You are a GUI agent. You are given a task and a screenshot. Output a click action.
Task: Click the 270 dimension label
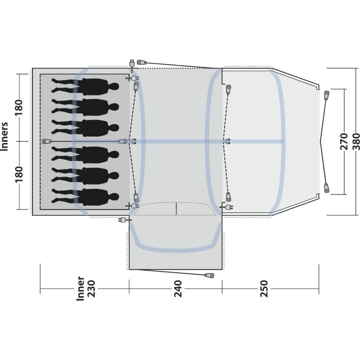pos(344,141)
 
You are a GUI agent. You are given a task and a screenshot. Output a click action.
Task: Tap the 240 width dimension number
pos(178,288)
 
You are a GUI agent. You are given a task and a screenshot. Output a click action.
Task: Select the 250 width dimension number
pos(264,288)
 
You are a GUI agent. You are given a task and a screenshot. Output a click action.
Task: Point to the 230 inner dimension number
pos(91,288)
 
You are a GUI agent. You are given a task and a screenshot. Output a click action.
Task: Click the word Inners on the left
pos(4,136)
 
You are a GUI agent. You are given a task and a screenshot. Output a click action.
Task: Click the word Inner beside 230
pos(81,288)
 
